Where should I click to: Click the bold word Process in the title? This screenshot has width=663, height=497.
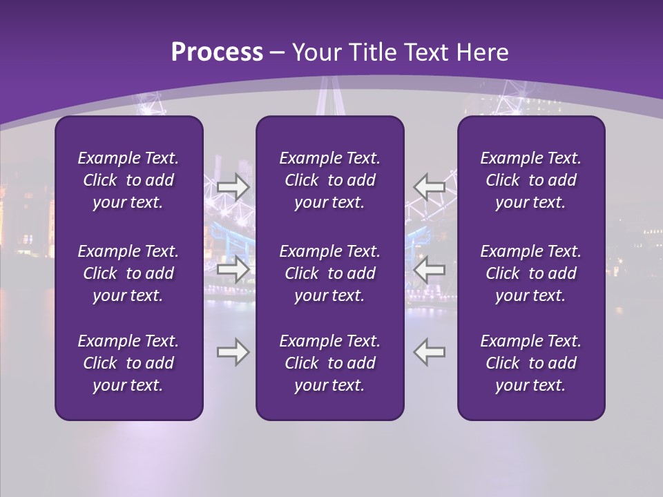(217, 52)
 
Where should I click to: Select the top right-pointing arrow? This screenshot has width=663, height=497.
(233, 186)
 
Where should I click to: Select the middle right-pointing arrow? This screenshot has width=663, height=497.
(233, 269)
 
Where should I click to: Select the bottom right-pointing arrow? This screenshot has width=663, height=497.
(233, 352)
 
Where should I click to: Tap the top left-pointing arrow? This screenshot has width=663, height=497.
(430, 186)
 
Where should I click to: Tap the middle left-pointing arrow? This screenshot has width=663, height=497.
(430, 269)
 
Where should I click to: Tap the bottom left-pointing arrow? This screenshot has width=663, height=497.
(430, 352)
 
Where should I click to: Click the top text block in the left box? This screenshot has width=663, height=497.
(128, 180)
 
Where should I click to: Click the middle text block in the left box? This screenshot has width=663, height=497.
(128, 273)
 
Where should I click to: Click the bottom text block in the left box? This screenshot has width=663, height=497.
(128, 363)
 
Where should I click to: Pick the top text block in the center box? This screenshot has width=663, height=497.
(329, 180)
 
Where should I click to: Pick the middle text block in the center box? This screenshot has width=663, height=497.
(329, 273)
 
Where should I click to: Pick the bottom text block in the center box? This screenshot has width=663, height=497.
(329, 363)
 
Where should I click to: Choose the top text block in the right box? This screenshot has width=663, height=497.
(530, 180)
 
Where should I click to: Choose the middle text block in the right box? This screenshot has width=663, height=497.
(530, 273)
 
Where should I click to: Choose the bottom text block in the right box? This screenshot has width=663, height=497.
(530, 363)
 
